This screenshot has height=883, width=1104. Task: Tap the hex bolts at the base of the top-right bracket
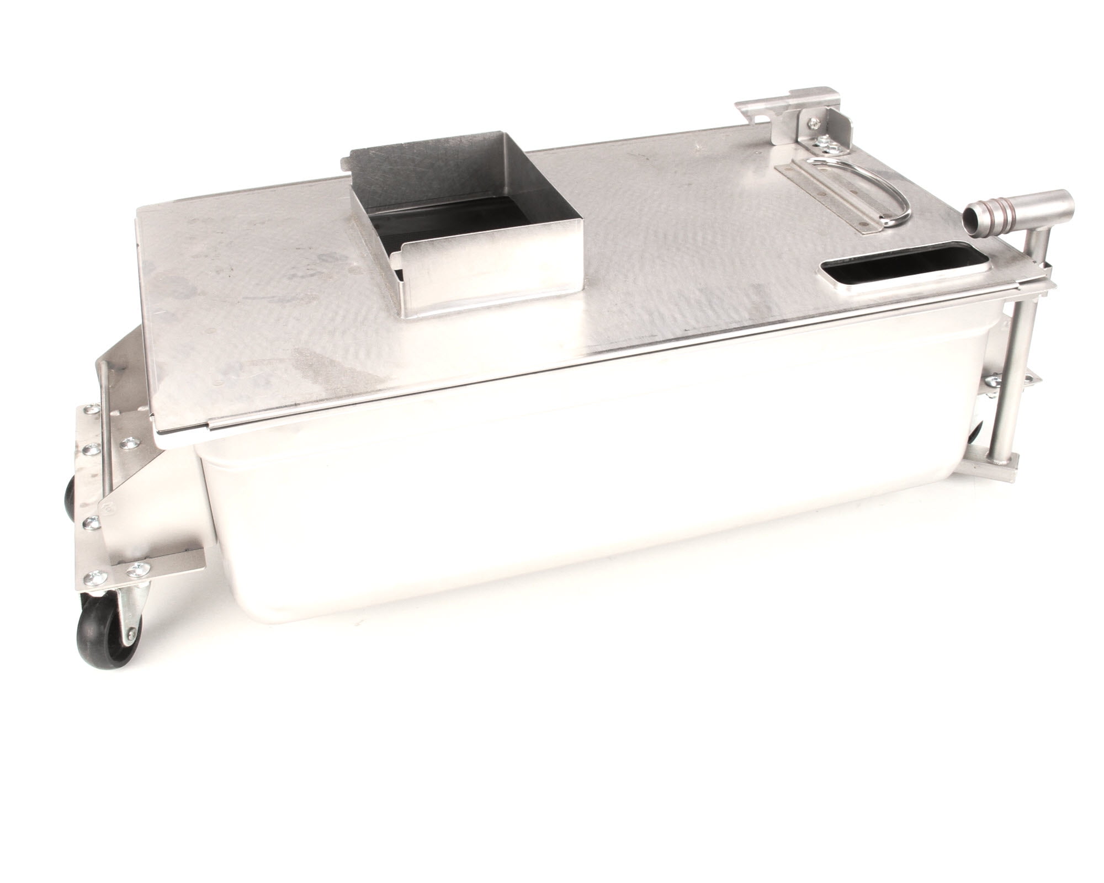[x=828, y=145]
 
